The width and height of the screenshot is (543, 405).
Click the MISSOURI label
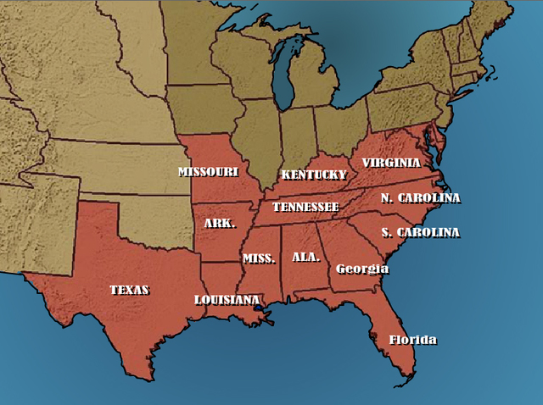coord(208,172)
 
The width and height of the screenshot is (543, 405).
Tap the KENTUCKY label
coord(313,175)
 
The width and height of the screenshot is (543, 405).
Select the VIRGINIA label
coord(390,163)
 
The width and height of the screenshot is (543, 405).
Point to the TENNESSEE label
coord(305,208)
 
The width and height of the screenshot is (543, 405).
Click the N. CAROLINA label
coord(420,198)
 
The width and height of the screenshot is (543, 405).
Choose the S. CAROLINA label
coord(420,232)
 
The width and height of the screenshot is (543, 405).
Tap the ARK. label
coord(220,225)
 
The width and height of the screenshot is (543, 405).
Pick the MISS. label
coord(259,258)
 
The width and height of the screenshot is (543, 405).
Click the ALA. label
coord(305,256)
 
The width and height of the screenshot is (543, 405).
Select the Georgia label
coord(362,269)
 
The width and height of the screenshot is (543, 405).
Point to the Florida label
coord(412,341)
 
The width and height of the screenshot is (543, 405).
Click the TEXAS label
coord(129,290)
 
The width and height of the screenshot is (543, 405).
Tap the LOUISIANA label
coord(227,300)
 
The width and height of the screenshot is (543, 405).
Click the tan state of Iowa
coord(204,110)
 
